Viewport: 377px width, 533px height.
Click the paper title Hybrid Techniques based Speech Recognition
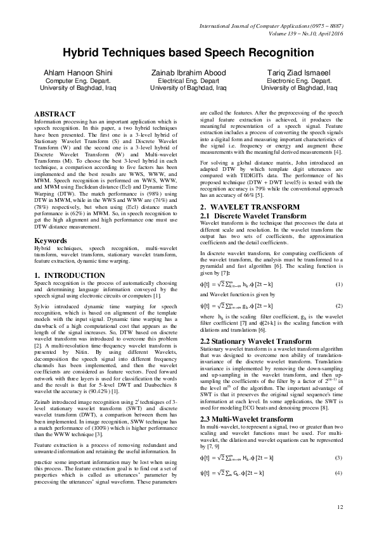[188, 53]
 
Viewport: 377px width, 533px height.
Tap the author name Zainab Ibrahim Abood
[189, 73]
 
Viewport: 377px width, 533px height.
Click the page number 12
[339, 506]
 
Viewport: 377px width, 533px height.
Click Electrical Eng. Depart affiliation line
[189, 81]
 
